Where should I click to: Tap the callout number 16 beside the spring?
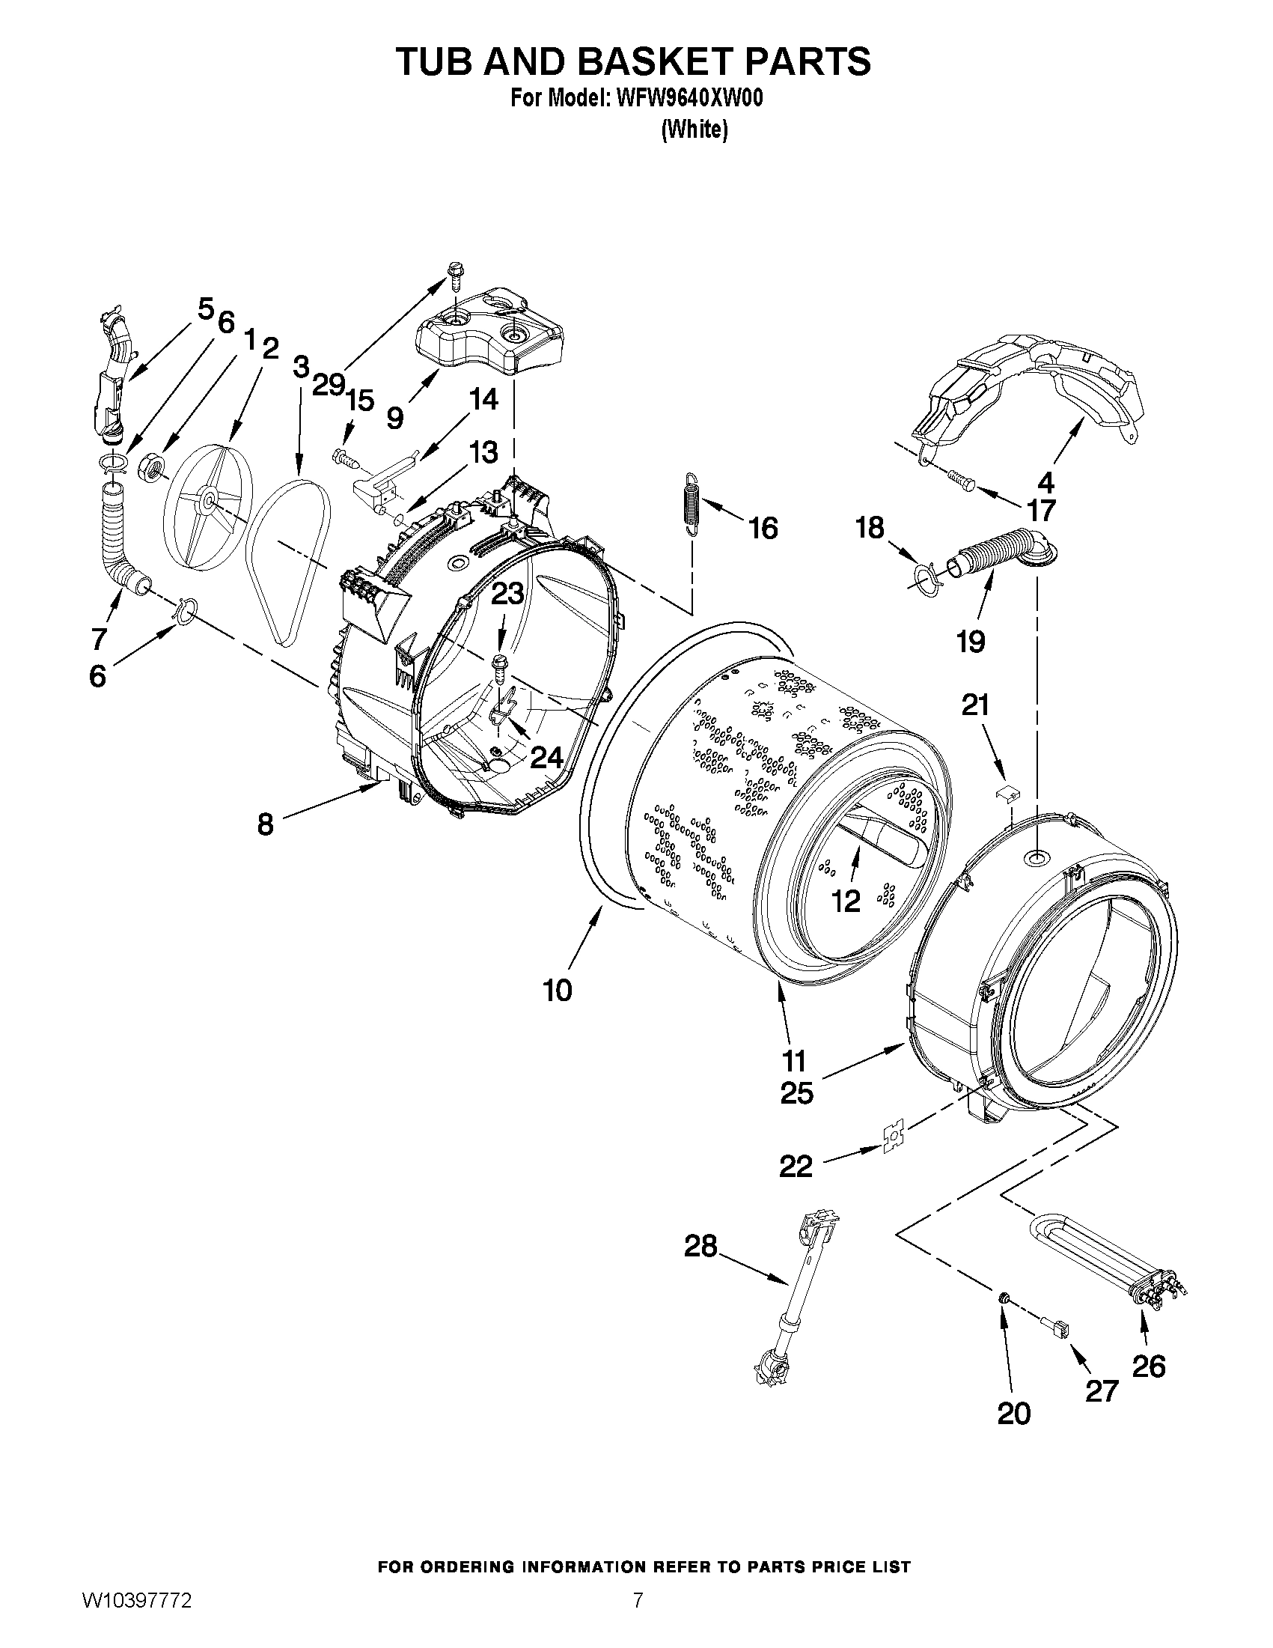pyautogui.click(x=763, y=528)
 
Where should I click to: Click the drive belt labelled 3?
pyautogui.click(x=288, y=559)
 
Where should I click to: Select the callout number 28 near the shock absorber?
pyautogui.click(x=700, y=1247)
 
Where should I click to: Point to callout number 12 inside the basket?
pyautogui.click(x=846, y=900)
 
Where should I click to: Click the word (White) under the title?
pyautogui.click(x=694, y=130)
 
